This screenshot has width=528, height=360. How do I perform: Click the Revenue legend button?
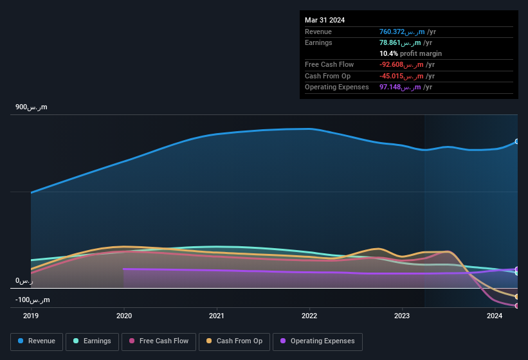(x=37, y=341)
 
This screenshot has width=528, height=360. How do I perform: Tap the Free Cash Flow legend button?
(x=159, y=341)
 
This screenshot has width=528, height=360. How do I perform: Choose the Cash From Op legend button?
(x=234, y=341)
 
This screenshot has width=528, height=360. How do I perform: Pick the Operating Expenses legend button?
(x=317, y=341)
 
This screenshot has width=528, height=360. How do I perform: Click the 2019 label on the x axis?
(x=32, y=316)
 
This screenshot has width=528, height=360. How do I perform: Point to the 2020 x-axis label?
(x=124, y=316)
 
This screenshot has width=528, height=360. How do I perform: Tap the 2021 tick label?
(x=217, y=316)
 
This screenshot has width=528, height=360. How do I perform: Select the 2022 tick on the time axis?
(x=309, y=316)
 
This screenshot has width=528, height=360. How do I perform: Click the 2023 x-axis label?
(x=402, y=316)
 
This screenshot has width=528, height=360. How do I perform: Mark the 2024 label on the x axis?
(x=495, y=316)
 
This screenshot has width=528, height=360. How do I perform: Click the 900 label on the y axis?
(x=32, y=107)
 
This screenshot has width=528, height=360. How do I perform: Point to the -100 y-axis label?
(x=33, y=300)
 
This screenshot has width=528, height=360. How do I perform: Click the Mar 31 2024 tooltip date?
(x=325, y=20)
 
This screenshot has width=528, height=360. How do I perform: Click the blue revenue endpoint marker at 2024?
(x=517, y=141)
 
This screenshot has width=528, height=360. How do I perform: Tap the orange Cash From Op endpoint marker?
(x=517, y=296)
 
